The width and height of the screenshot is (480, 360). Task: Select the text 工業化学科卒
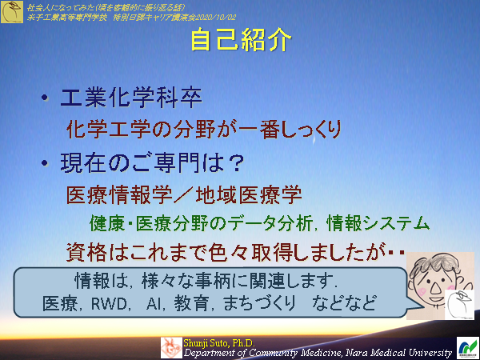pos(131,99)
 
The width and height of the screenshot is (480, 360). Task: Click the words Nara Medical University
pos(384,351)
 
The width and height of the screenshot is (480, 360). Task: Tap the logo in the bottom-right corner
pos(466,346)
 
